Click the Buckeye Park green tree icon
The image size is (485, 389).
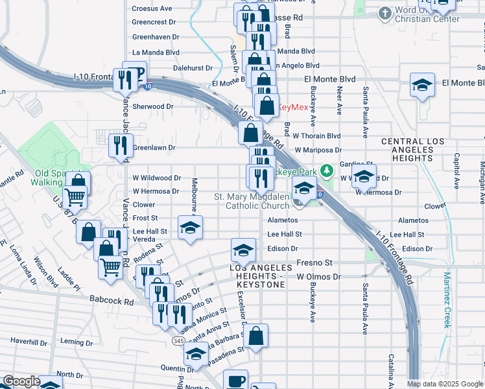(328, 172)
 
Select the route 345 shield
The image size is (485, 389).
(178, 340)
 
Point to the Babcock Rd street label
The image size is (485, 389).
(111, 301)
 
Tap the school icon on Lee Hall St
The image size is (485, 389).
(190, 228)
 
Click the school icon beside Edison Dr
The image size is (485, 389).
(242, 250)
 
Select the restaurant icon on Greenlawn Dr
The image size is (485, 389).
(120, 145)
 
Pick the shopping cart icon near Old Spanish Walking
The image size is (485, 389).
(76, 196)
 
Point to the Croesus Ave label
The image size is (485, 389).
(152, 8)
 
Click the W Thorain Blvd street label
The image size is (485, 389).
(316, 136)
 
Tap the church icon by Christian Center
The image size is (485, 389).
(384, 13)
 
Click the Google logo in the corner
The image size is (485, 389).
(22, 381)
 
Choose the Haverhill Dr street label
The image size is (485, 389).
(30, 341)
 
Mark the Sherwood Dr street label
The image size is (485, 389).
(153, 106)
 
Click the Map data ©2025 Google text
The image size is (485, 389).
(445, 384)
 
